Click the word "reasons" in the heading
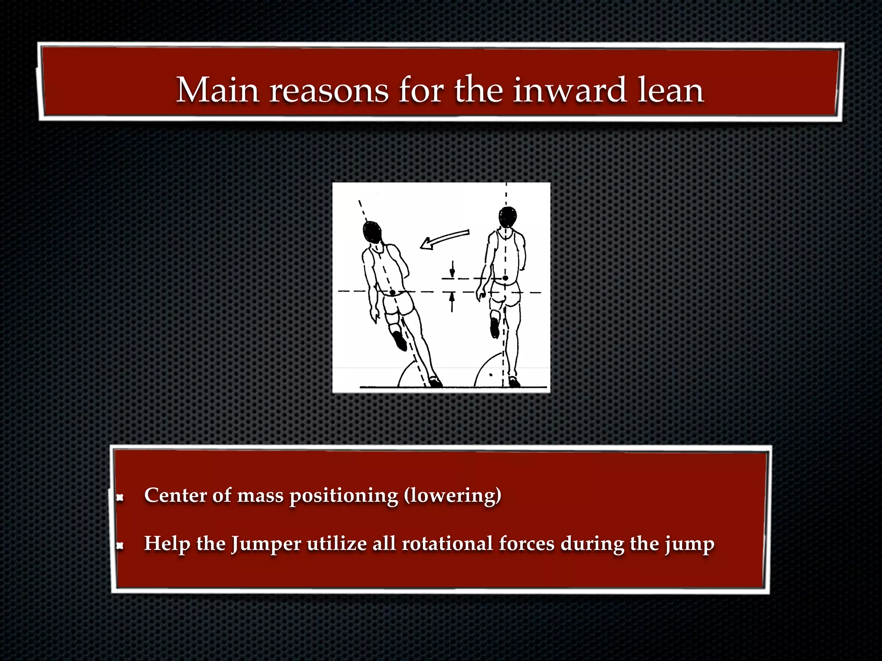[x=329, y=90]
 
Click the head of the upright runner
[x=508, y=217]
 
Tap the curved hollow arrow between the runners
[x=444, y=239]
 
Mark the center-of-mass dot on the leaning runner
[x=392, y=293]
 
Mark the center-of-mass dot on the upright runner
[x=505, y=278]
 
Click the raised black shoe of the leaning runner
[x=400, y=341]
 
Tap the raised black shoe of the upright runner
[x=495, y=328]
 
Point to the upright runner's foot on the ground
[x=514, y=382]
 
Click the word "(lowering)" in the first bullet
[x=453, y=496]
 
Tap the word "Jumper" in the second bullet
[x=266, y=544]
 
